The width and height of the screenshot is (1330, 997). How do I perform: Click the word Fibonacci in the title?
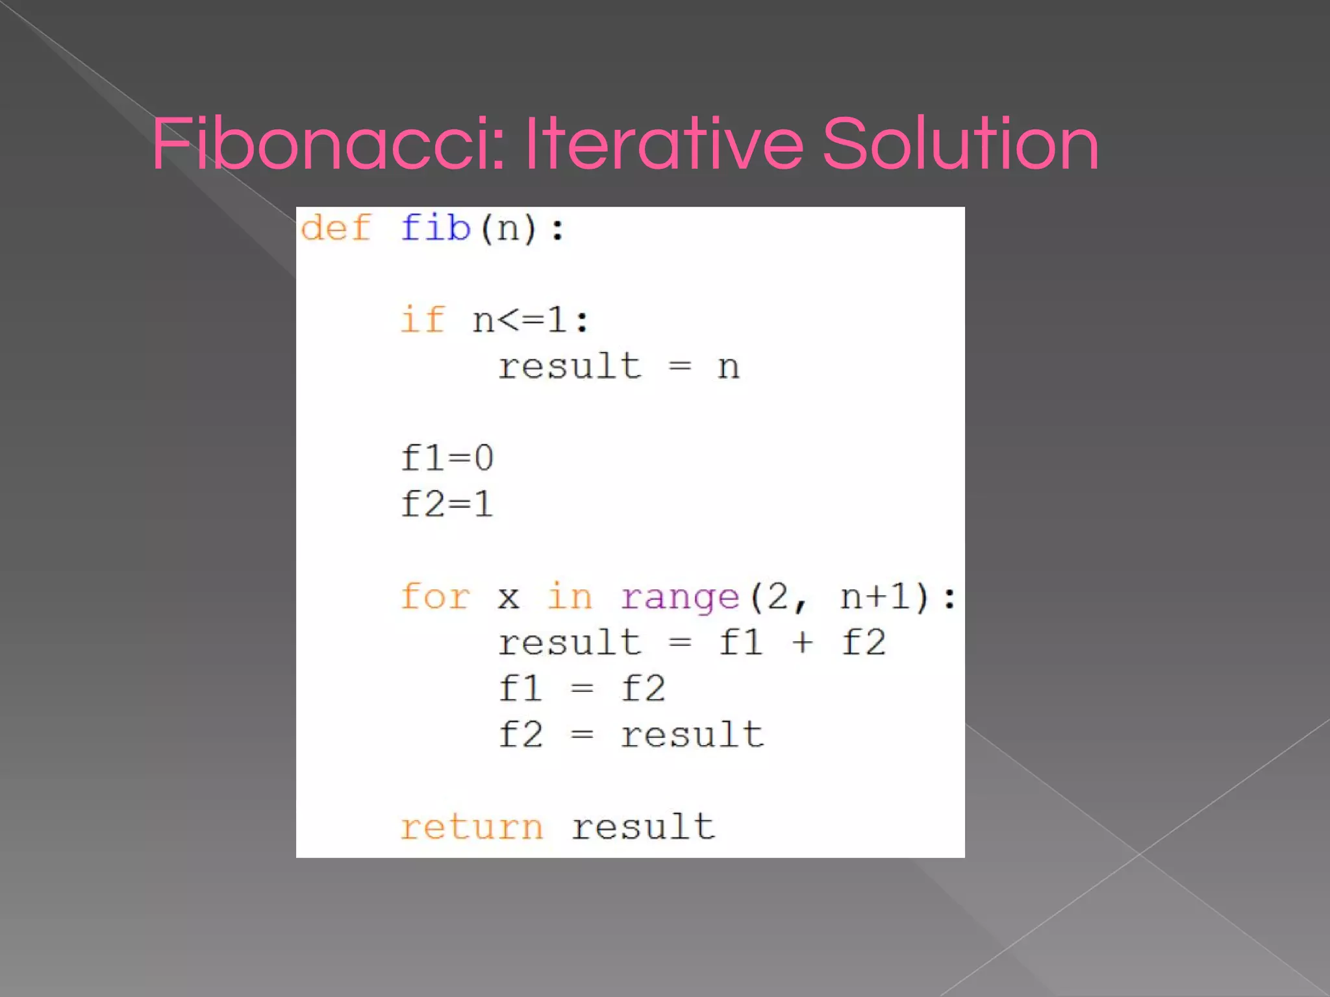tap(328, 144)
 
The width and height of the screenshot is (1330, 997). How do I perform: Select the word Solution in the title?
tap(960, 144)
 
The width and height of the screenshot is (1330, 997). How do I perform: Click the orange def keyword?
tap(336, 228)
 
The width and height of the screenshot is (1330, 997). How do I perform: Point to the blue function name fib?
tap(435, 228)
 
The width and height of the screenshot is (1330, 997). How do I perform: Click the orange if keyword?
tap(423, 320)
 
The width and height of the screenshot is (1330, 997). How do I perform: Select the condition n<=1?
tap(530, 320)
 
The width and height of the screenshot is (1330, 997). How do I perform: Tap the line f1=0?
tap(447, 458)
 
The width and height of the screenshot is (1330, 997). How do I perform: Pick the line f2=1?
tap(447, 504)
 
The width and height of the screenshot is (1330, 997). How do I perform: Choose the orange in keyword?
tap(570, 597)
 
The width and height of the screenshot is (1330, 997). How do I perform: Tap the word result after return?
tap(643, 827)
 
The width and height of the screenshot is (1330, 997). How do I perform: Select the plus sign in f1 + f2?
tap(803, 643)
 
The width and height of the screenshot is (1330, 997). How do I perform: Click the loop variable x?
tap(508, 598)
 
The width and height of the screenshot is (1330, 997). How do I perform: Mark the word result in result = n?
tap(570, 366)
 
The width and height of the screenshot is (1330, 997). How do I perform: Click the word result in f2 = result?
tap(692, 735)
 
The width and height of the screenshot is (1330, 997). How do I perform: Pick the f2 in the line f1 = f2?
tap(643, 689)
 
